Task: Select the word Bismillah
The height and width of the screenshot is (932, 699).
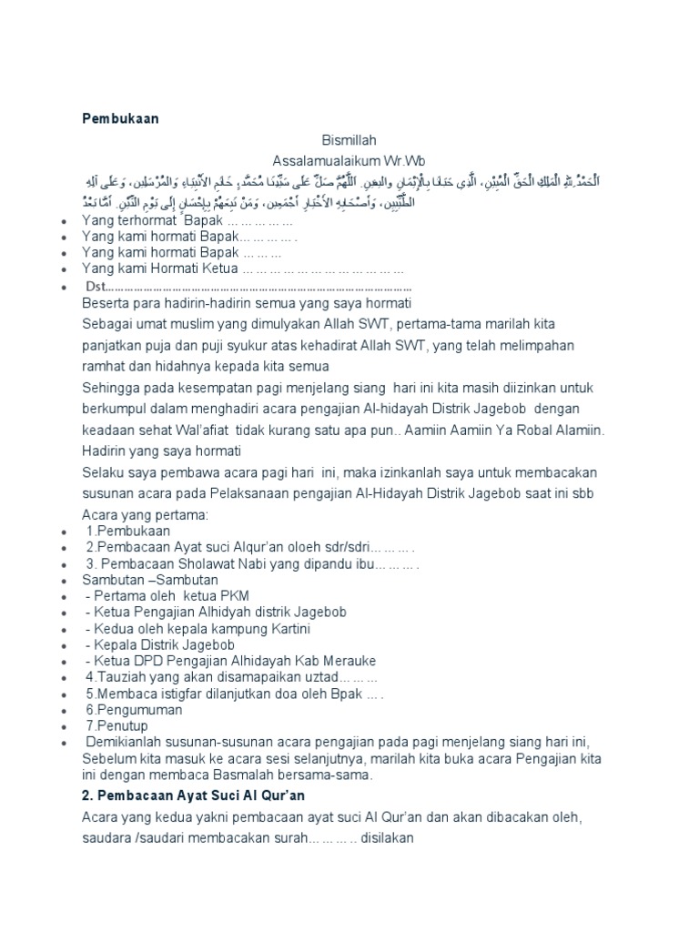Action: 349,140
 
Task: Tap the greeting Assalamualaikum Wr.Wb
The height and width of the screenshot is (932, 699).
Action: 349,159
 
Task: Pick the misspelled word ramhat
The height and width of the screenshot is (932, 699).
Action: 102,367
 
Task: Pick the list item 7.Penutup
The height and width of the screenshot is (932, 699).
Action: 116,725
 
